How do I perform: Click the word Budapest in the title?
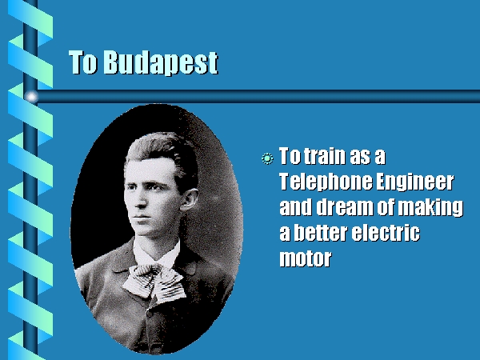pos(161,62)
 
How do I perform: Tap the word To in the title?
pos(83,62)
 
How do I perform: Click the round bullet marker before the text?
pos(267,158)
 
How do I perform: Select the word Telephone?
pos(326,182)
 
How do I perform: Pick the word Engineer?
pos(414,182)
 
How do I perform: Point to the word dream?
pos(344,206)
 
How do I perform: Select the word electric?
pos(386,232)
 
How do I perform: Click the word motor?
pos(306,258)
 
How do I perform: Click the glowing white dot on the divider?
pos(31,97)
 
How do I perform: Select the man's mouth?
pos(142,218)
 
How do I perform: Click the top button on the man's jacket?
pos(149,314)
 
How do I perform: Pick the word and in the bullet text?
pos(296,206)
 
